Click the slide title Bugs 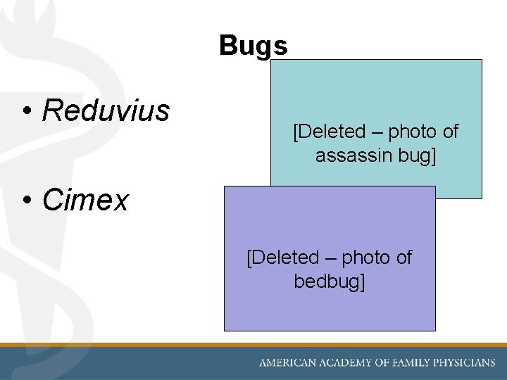pyautogui.click(x=253, y=46)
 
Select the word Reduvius pyautogui.click(x=106, y=110)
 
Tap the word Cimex pyautogui.click(x=85, y=201)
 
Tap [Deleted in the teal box pyautogui.click(x=329, y=132)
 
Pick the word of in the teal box pyautogui.click(x=450, y=132)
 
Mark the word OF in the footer pyautogui.click(x=382, y=363)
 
